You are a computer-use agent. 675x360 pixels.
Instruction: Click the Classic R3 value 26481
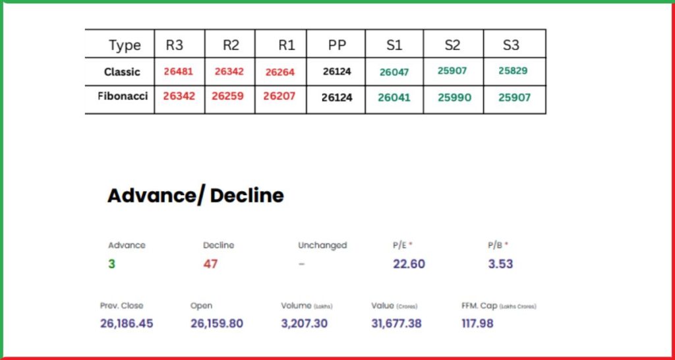[178, 71]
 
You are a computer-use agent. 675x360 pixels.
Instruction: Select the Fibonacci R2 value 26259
[228, 96]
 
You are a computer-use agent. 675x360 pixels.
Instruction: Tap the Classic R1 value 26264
[279, 73]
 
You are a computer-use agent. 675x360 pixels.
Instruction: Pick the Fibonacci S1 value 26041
[394, 98]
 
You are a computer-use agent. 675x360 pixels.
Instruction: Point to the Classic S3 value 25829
[513, 71]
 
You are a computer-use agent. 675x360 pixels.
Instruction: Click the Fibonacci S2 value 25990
[454, 98]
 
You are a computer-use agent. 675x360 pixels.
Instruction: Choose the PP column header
[337, 45]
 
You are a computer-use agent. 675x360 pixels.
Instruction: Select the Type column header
[125, 45]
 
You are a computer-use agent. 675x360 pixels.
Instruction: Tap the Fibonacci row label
[123, 96]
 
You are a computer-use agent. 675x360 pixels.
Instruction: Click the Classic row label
[122, 72]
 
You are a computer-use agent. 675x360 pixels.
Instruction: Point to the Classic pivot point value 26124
[337, 71]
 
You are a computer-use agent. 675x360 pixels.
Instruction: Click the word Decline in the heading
[247, 196]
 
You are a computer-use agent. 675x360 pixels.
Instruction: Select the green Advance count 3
[111, 264]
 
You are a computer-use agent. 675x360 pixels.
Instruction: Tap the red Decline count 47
[210, 264]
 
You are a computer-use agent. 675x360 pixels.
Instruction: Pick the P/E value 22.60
[409, 264]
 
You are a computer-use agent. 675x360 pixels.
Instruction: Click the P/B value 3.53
[500, 264]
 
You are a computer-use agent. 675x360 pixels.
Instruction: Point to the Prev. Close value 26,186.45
[127, 323]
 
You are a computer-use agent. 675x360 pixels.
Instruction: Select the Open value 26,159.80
[216, 323]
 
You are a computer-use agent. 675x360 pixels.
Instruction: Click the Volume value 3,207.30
[304, 323]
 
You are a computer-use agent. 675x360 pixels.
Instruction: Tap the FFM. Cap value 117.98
[477, 323]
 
